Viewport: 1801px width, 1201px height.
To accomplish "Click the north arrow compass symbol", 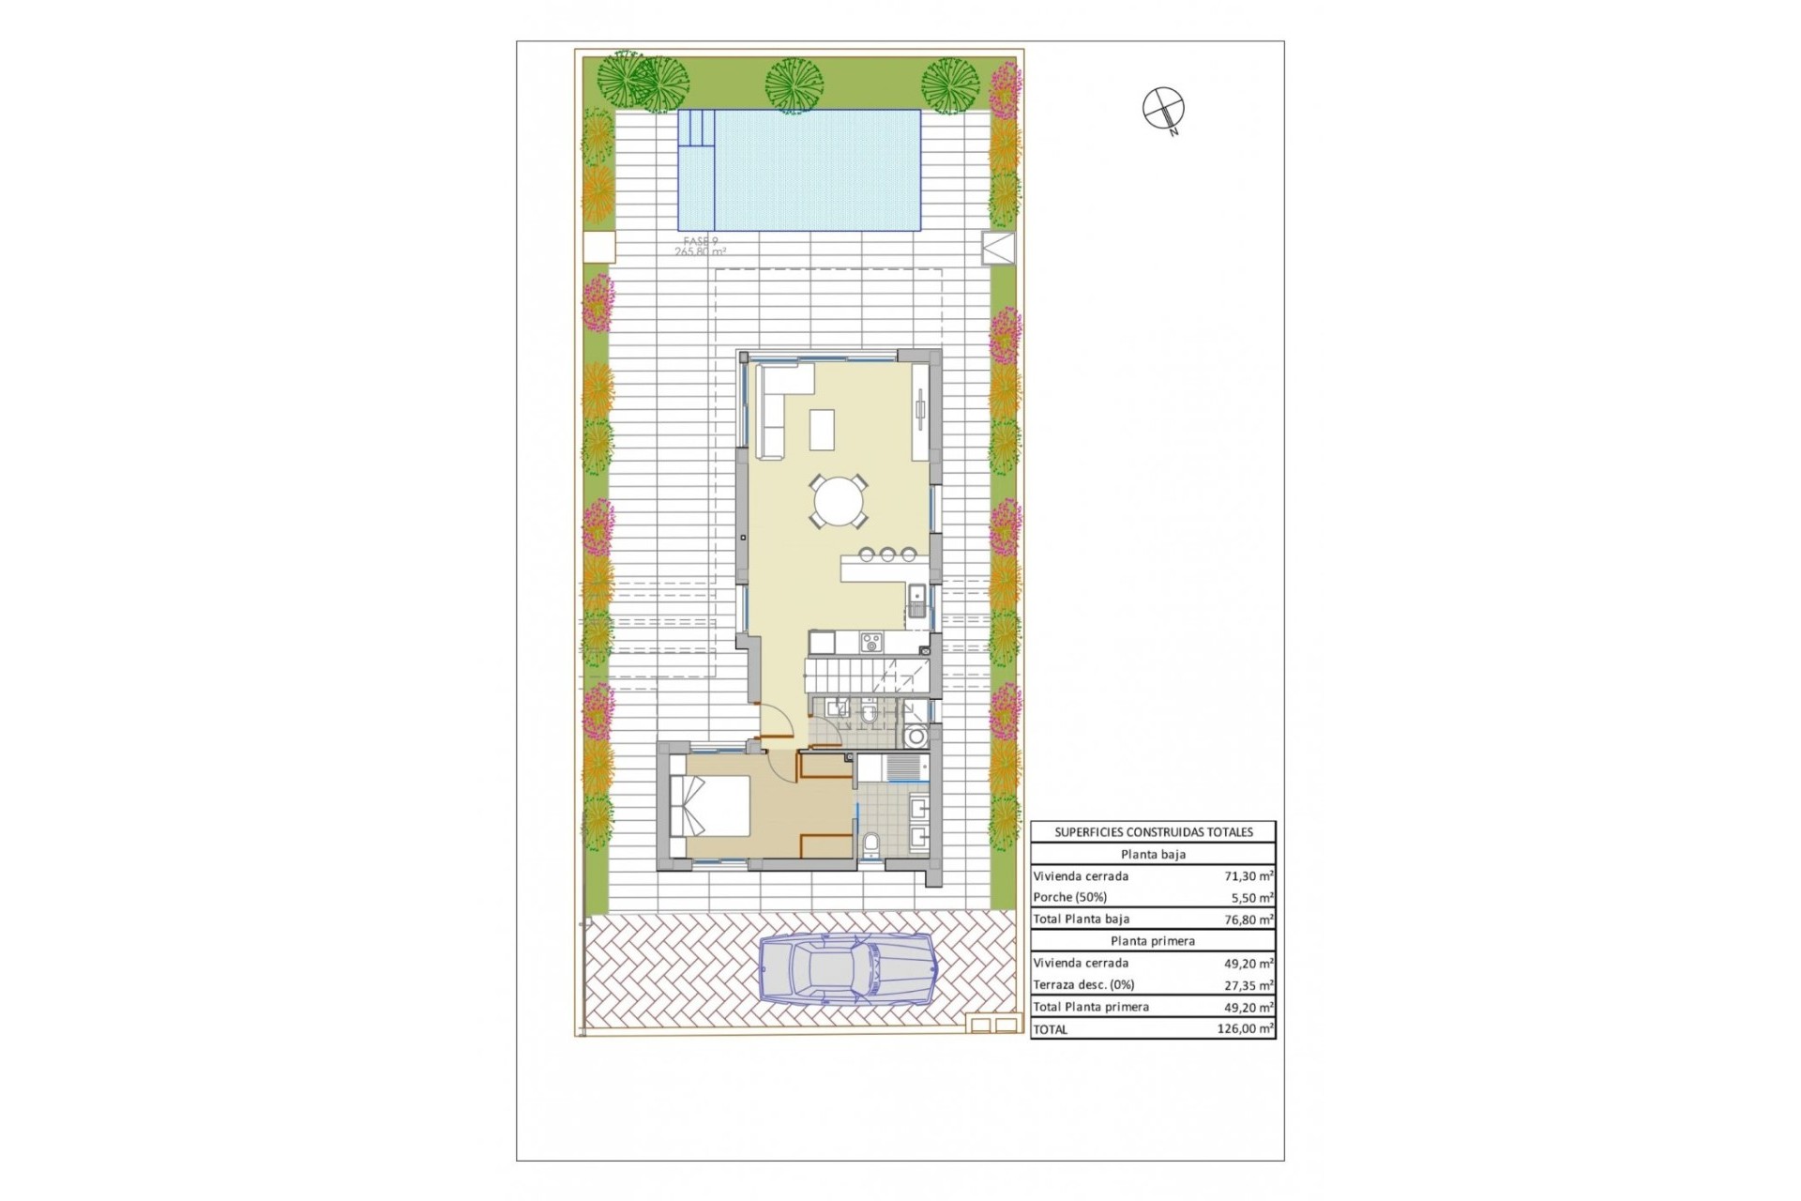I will tap(1163, 108).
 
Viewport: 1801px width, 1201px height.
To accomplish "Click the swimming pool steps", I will tap(696, 129).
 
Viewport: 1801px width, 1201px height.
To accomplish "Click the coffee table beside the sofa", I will tap(823, 430).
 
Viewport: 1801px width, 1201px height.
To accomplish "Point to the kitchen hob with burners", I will tap(871, 642).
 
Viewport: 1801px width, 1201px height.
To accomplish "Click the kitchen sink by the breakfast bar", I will tap(916, 598).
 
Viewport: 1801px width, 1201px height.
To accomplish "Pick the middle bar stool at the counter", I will tap(887, 555).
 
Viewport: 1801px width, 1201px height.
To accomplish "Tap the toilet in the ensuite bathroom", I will tap(870, 845).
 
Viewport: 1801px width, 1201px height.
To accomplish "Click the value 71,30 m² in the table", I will tap(1248, 876).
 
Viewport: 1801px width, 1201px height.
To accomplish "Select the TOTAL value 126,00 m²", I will tap(1244, 1029).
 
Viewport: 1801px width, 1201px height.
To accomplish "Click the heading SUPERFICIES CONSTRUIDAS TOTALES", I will tap(1153, 832).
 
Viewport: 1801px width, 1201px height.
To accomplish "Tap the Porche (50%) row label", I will tap(1069, 898).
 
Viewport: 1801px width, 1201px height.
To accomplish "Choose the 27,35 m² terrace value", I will tap(1248, 986).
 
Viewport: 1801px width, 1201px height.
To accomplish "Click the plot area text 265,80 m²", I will tap(700, 251).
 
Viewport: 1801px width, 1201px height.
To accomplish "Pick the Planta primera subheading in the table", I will tap(1152, 941).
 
